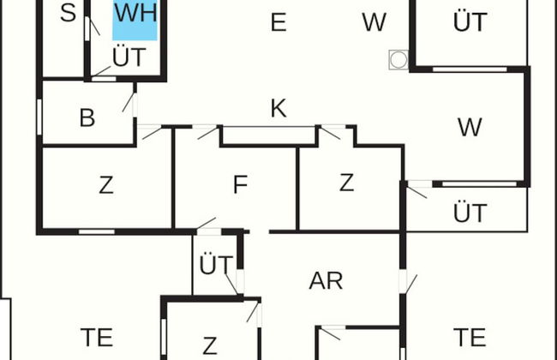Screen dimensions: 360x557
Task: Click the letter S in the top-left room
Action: (x=69, y=14)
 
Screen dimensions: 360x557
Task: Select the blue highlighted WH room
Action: (x=135, y=17)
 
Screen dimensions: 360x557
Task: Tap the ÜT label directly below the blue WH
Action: (x=129, y=57)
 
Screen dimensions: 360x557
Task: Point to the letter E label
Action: (x=278, y=23)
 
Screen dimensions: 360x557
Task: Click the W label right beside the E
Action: (x=374, y=23)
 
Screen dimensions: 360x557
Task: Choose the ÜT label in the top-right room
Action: (x=470, y=23)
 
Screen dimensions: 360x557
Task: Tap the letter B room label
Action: (x=87, y=118)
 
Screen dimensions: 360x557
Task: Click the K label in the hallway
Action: (x=278, y=109)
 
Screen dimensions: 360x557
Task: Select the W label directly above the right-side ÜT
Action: (x=469, y=128)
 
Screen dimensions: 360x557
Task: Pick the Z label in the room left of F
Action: (x=106, y=185)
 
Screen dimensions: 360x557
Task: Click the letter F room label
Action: (x=240, y=185)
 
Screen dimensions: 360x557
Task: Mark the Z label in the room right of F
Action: (x=346, y=183)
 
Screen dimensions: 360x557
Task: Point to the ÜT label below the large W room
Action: (x=470, y=213)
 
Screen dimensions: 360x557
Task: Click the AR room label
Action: (x=326, y=281)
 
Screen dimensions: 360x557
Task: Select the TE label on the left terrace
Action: (x=97, y=337)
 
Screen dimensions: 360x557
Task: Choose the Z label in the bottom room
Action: (x=210, y=346)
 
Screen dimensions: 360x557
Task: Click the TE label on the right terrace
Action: (x=470, y=336)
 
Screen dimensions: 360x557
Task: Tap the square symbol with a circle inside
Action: (x=398, y=59)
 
